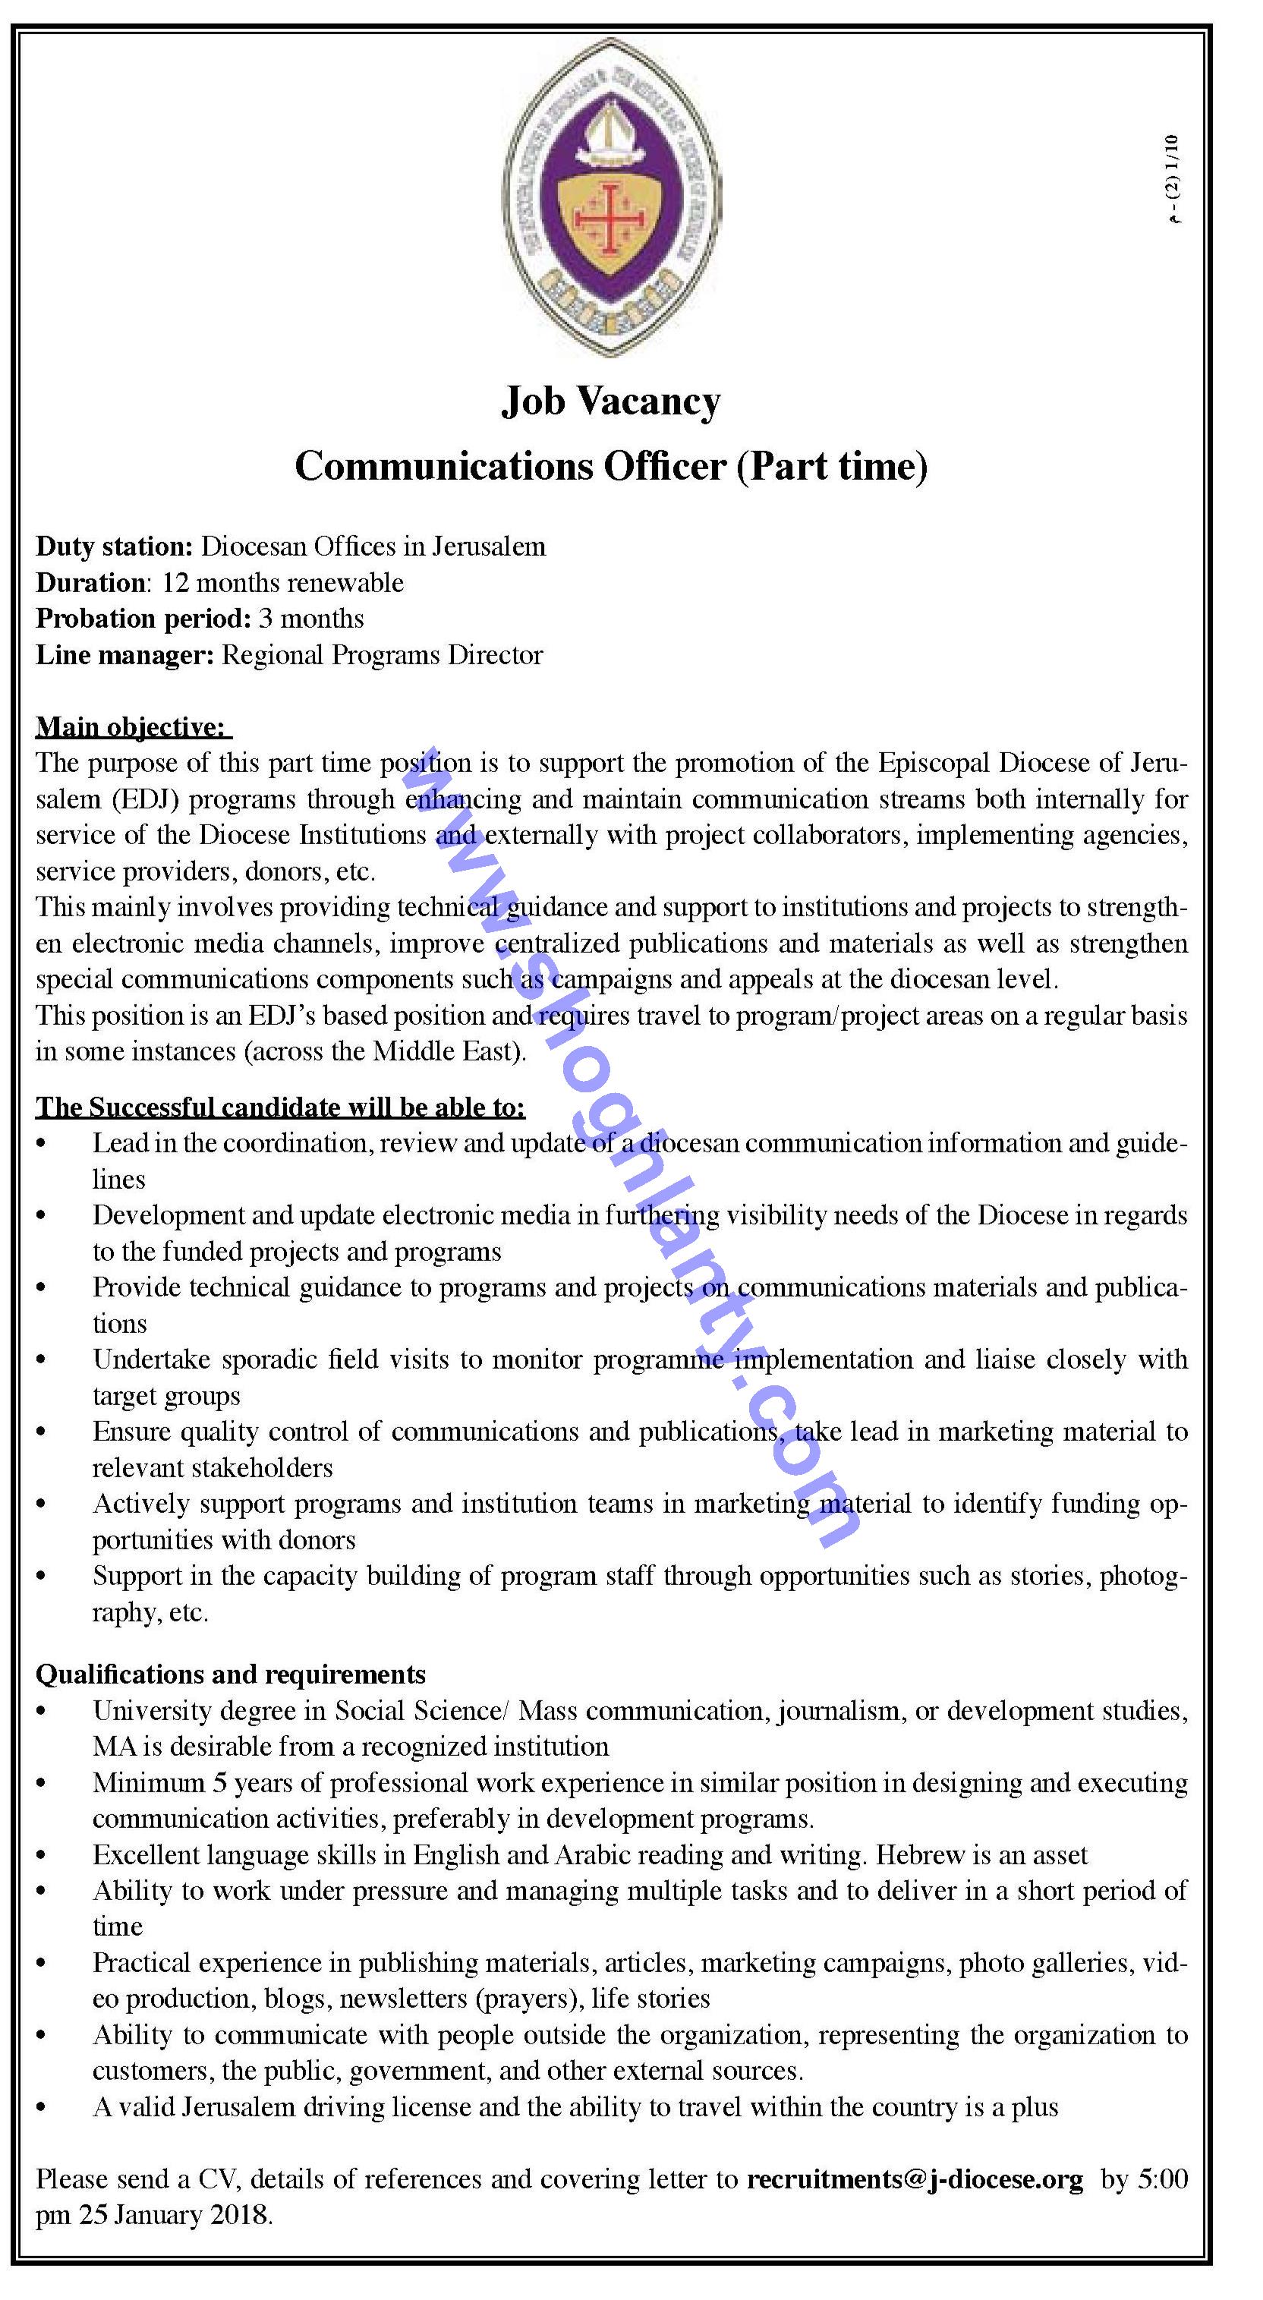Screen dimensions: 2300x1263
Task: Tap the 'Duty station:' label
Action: [115, 547]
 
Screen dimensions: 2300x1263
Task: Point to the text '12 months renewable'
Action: [283, 583]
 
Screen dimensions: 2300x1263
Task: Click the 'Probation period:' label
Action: [143, 619]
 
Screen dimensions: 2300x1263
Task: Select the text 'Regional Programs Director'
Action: [382, 655]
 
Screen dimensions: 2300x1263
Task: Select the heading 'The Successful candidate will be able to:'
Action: [280, 1108]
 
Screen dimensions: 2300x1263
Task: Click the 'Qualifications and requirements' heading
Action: [230, 1674]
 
